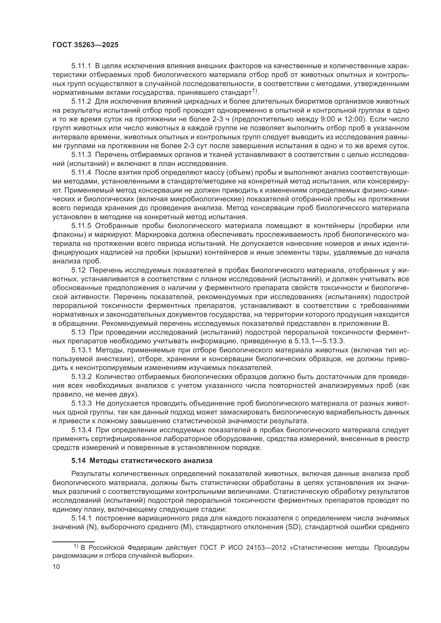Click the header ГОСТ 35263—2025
[86, 45]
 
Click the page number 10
[56, 567]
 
